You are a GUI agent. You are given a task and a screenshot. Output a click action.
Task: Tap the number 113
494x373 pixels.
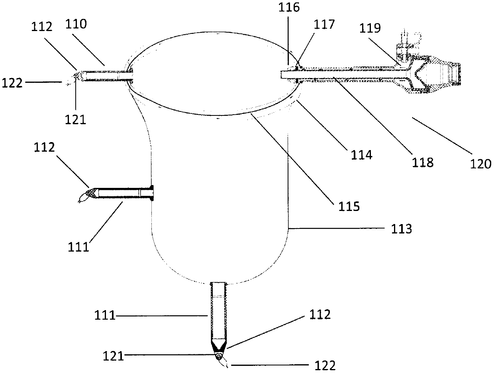pos(402,229)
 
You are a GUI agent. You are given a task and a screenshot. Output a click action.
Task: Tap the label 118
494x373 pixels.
pos(423,162)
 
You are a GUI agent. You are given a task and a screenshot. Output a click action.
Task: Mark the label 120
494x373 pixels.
pos(481,164)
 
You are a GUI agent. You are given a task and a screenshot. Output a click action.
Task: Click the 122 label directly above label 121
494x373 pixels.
pos(12,83)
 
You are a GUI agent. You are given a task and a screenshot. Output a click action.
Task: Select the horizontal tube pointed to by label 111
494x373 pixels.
pos(123,193)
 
